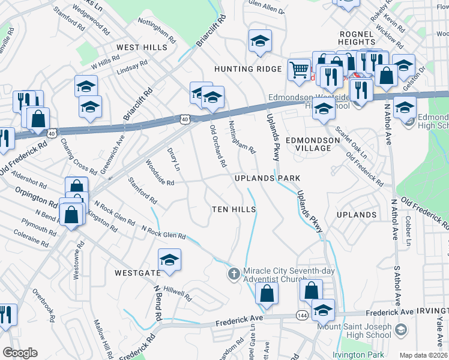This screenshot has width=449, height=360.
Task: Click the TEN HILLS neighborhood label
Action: [x=234, y=209]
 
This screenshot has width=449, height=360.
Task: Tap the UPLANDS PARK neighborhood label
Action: [x=267, y=179]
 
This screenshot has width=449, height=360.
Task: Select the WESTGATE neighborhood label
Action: [x=137, y=272]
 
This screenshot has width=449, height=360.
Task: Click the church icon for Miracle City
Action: [x=234, y=274]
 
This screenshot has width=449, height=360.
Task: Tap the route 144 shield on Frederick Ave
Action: [x=302, y=316]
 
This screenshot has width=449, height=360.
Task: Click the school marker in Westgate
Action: [x=169, y=259]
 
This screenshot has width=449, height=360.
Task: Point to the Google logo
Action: [x=20, y=353]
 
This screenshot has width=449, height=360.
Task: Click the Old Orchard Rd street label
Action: [x=218, y=146]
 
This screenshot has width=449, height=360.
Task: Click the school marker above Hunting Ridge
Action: [x=260, y=41]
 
